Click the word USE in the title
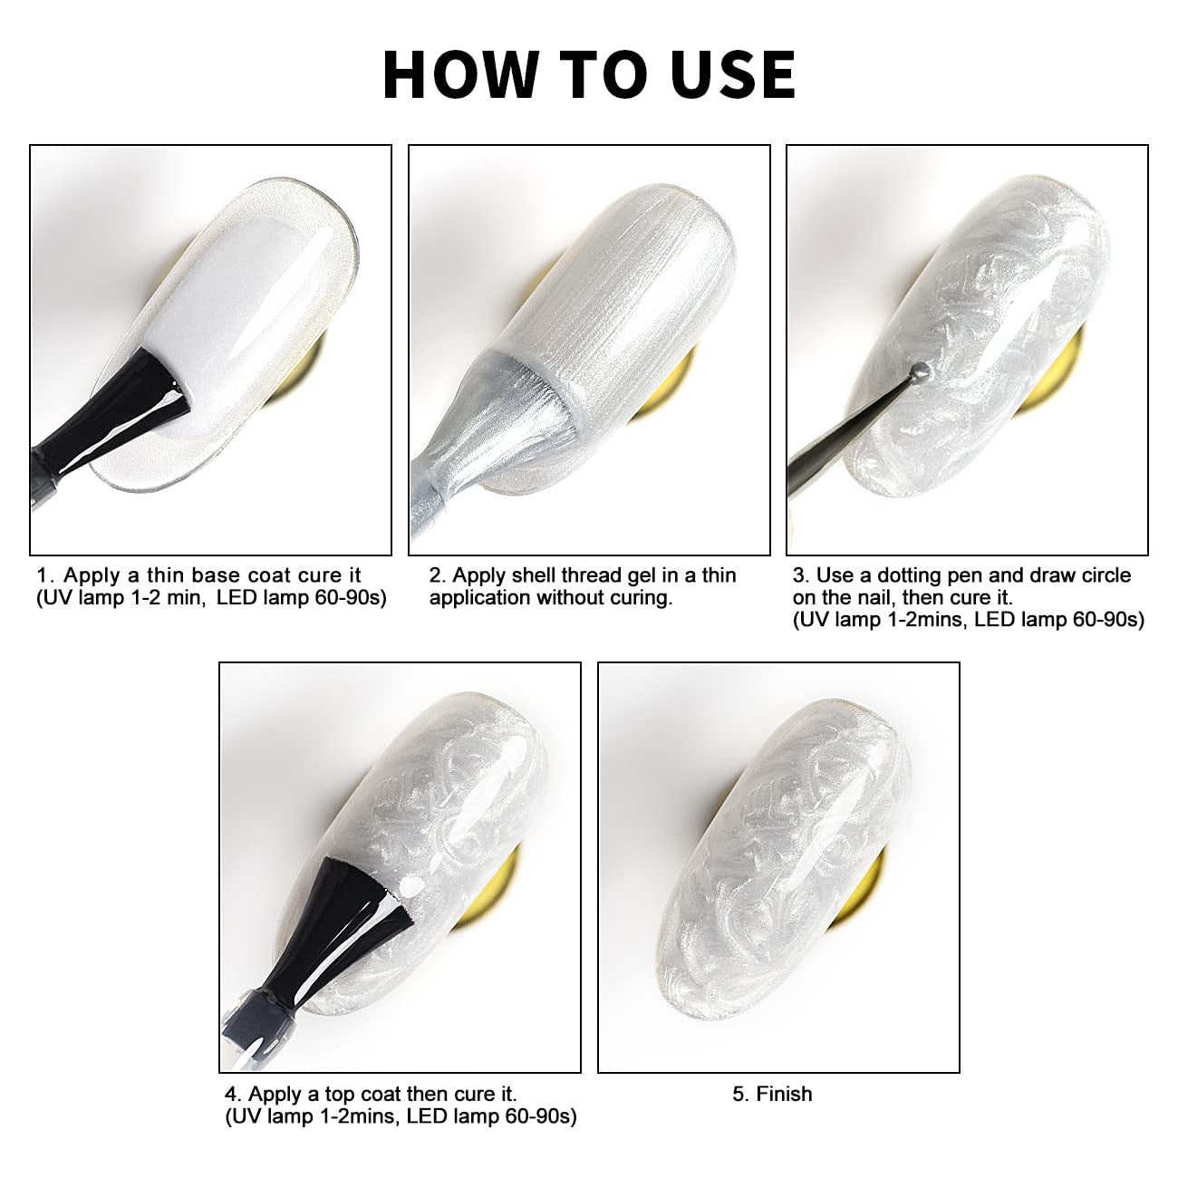[732, 74]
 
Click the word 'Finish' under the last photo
[784, 1093]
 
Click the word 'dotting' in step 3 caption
[916, 575]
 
